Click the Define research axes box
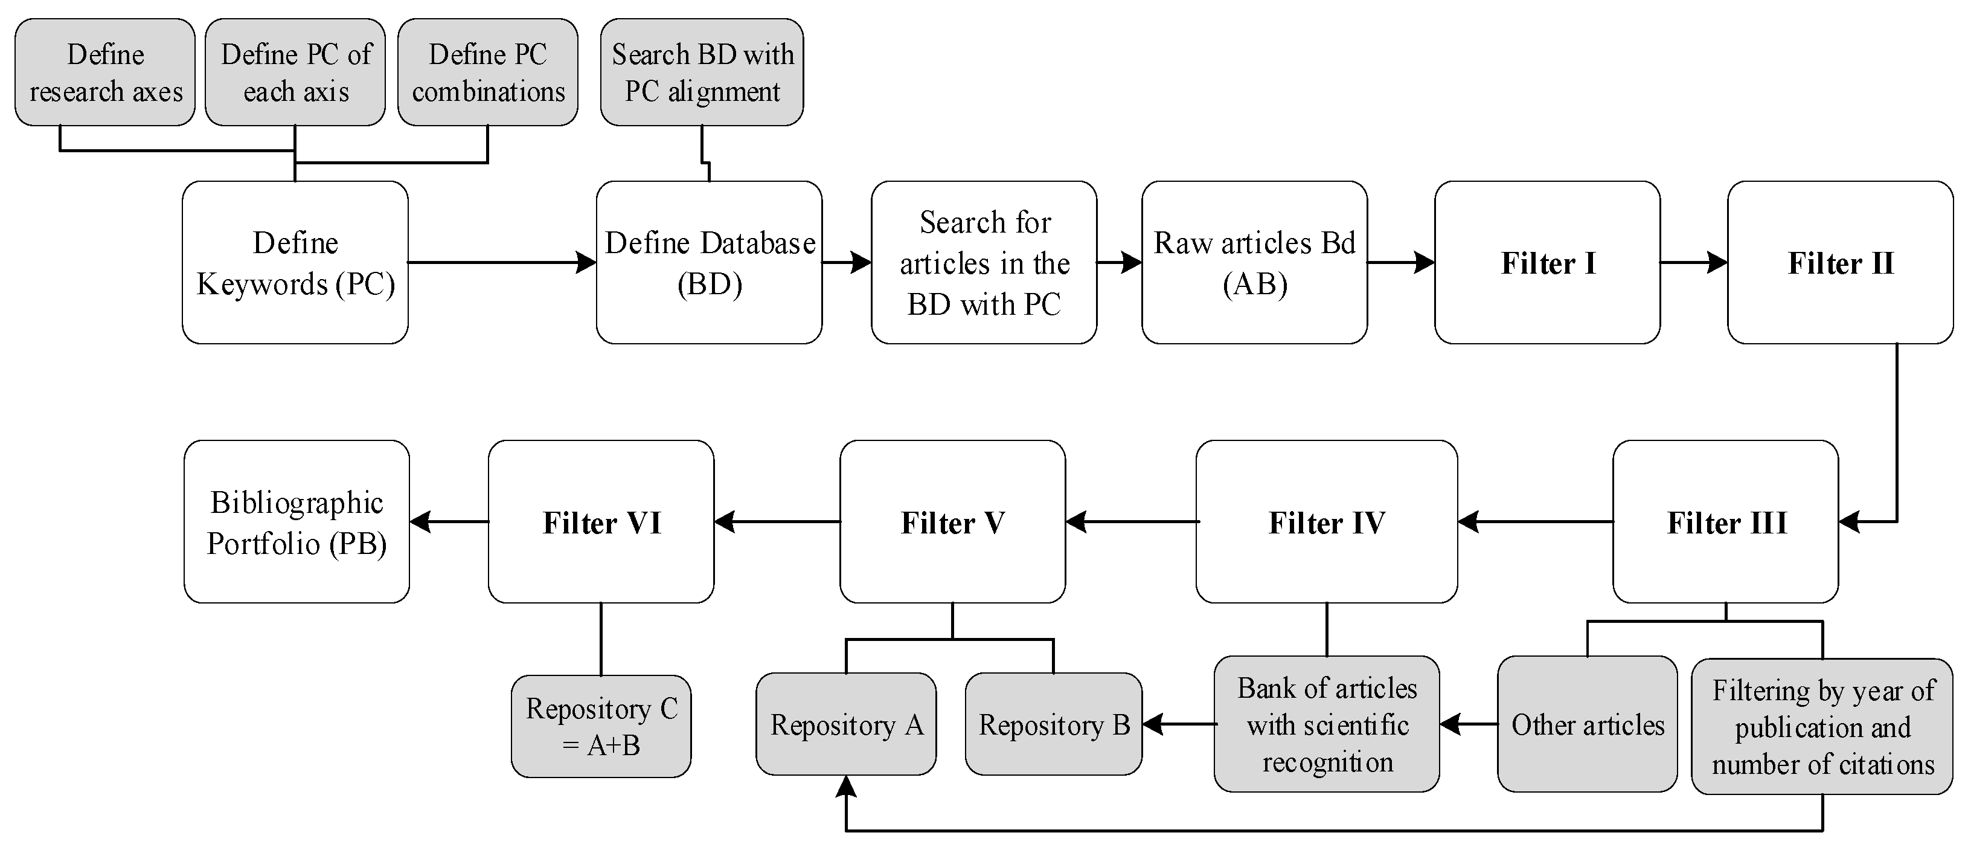coord(104,72)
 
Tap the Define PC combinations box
coord(487,72)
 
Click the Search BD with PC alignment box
coord(701,72)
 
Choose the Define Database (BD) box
coord(709,262)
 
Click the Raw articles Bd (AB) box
coord(1254,262)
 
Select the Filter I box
coord(1547,262)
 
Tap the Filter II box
coord(1839,262)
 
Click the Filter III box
coord(1725,522)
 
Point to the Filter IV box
coord(1326,522)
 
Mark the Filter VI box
coord(601,522)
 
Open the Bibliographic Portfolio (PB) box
coord(296,522)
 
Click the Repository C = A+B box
coord(601,726)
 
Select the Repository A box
coord(846,724)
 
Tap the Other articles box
coord(1587,724)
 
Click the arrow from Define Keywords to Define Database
coord(501,262)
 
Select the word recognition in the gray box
coord(1328,762)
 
